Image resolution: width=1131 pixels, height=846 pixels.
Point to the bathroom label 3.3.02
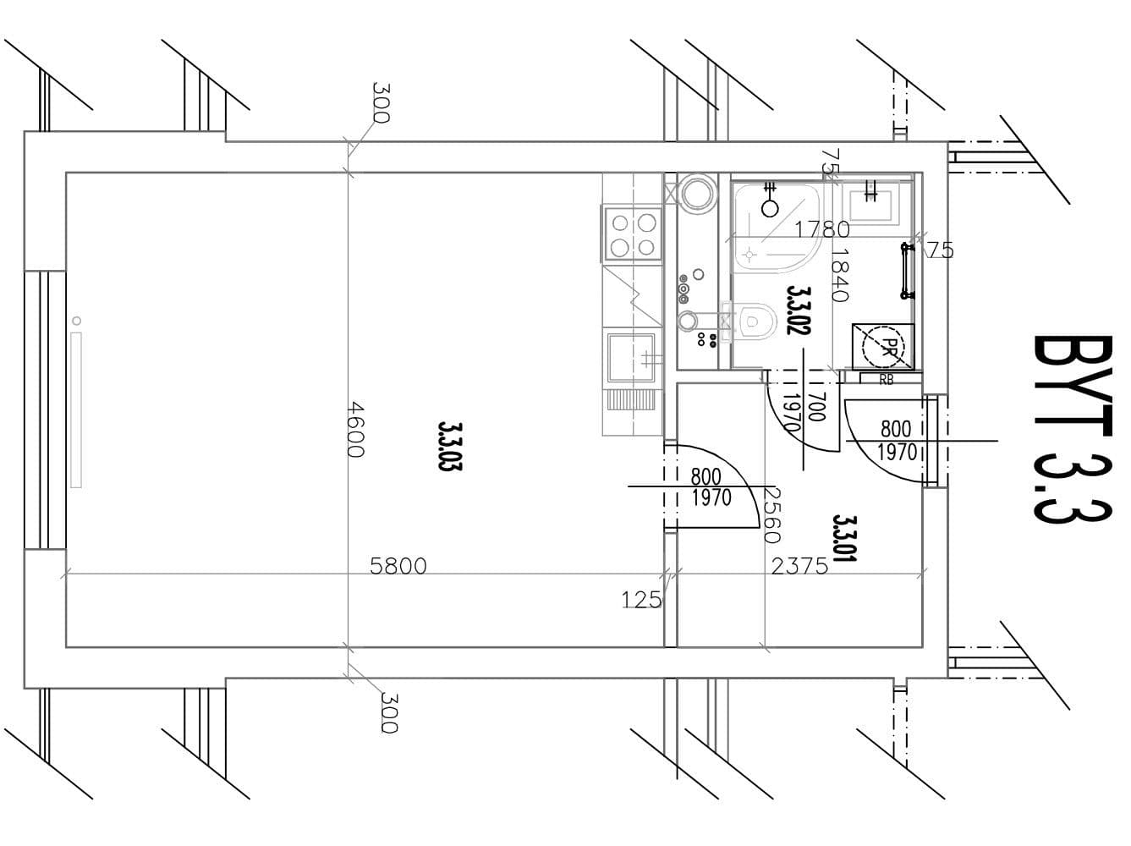pyautogui.click(x=799, y=310)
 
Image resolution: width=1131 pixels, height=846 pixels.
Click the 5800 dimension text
pyautogui.click(x=398, y=566)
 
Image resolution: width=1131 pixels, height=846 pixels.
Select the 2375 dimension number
pyautogui.click(x=799, y=566)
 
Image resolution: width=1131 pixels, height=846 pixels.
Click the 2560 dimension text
pyautogui.click(x=771, y=514)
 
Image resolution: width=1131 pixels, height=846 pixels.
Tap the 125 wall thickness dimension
pyautogui.click(x=641, y=600)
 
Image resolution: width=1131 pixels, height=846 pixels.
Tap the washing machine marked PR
pyautogui.click(x=883, y=346)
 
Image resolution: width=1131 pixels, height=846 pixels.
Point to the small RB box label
pyautogui.click(x=886, y=380)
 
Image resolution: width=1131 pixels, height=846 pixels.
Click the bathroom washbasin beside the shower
pyautogui.click(x=870, y=201)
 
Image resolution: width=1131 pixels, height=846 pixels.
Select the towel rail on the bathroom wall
pyautogui.click(x=907, y=272)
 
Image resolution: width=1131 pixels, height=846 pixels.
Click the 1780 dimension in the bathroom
pyautogui.click(x=822, y=228)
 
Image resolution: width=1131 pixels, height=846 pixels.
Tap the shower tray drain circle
pyautogui.click(x=770, y=207)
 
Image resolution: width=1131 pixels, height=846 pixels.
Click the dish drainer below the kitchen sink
pyautogui.click(x=630, y=399)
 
